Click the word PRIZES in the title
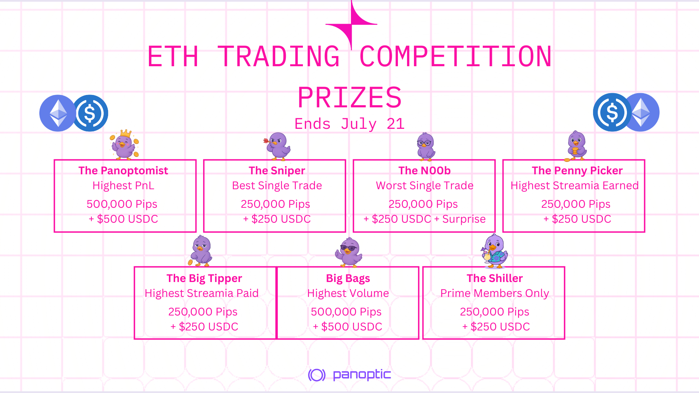(x=349, y=97)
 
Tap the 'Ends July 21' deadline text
(x=349, y=124)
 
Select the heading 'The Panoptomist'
(x=123, y=171)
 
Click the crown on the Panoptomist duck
(x=126, y=133)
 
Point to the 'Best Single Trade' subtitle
(x=277, y=186)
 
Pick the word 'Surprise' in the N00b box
(x=464, y=219)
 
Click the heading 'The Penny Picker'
(x=577, y=171)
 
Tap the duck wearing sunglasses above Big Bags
(x=349, y=252)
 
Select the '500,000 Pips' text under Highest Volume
(x=346, y=312)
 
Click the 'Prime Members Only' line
(x=494, y=293)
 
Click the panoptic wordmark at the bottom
(x=362, y=374)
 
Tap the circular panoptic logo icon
(x=317, y=375)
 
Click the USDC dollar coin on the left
(x=90, y=113)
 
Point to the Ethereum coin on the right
(x=641, y=112)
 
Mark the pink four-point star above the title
(x=351, y=24)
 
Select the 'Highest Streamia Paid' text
(x=201, y=293)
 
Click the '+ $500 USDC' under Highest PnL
(x=123, y=219)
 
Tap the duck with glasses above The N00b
(x=426, y=146)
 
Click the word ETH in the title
(x=173, y=56)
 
